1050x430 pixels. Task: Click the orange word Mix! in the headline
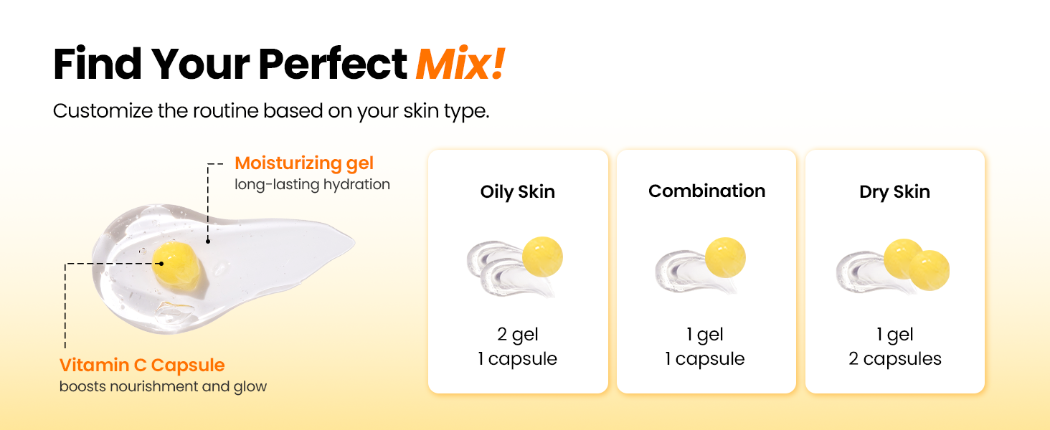[x=460, y=64]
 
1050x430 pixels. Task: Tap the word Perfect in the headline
[x=332, y=64]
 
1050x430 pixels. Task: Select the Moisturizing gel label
[x=304, y=163]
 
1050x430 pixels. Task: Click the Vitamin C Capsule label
[x=142, y=365]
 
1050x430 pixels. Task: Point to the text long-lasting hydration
[x=312, y=184]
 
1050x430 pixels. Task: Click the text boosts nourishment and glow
[x=163, y=386]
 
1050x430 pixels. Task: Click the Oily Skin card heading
[x=518, y=192]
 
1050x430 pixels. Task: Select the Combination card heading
[x=706, y=191]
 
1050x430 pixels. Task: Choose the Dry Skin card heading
[x=894, y=192]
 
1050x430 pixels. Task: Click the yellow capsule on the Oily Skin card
[x=542, y=257]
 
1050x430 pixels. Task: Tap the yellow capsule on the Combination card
[x=725, y=257]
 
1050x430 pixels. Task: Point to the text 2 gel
[x=518, y=335]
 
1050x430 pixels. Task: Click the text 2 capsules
[x=895, y=359]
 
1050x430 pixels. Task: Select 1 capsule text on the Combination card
[x=704, y=359]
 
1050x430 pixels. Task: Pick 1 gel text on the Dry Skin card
[x=895, y=335]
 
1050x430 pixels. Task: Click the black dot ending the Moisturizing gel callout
[x=208, y=242]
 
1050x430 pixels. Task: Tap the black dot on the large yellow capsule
[x=161, y=264]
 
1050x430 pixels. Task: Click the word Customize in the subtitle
[x=103, y=111]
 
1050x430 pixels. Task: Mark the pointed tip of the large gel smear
[x=355, y=242]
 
